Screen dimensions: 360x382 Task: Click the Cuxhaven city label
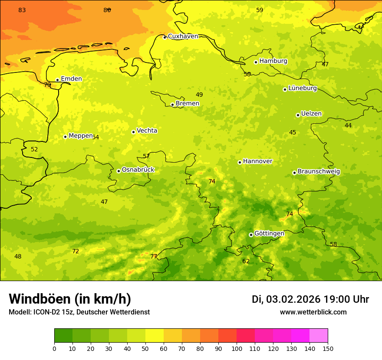click(183, 36)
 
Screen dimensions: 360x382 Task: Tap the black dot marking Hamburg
click(256, 62)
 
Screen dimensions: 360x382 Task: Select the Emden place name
click(71, 79)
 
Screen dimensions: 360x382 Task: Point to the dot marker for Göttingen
click(251, 235)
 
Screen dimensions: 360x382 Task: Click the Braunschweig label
click(319, 171)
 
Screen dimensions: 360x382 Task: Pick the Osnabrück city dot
click(119, 171)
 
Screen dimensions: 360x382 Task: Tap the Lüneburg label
click(303, 88)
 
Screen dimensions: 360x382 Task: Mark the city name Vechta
click(147, 131)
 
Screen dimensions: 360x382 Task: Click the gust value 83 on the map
click(22, 10)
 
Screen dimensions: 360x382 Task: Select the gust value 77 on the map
click(154, 256)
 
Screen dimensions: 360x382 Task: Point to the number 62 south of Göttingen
click(246, 261)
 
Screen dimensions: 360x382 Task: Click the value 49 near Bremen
click(199, 95)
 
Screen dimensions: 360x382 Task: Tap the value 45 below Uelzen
click(293, 132)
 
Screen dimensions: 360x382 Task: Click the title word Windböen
click(40, 299)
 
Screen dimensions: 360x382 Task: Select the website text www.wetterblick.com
click(313, 312)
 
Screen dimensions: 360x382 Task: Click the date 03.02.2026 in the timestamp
click(293, 299)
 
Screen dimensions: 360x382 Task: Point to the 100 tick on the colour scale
click(237, 348)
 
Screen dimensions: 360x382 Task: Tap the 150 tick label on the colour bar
click(328, 348)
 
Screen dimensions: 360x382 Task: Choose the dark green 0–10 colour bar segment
click(63, 336)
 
